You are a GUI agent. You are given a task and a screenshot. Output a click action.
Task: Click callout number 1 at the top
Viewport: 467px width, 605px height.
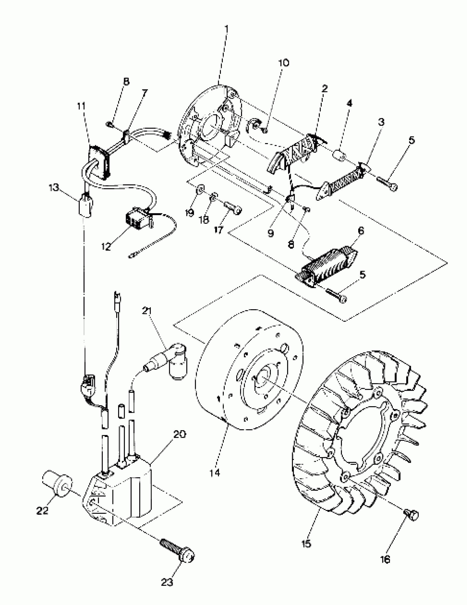click(226, 29)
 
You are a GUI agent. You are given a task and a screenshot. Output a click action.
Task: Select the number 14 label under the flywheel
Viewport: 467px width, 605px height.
click(215, 473)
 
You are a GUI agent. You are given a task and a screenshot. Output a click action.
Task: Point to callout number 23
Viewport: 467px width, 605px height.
click(167, 582)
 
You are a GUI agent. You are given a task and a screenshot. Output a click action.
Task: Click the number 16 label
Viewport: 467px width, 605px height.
click(385, 559)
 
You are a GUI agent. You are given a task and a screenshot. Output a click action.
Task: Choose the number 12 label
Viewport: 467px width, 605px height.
click(105, 246)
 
